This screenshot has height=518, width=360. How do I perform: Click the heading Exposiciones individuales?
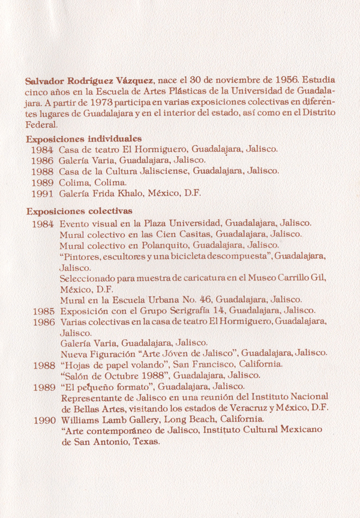(x=83, y=138)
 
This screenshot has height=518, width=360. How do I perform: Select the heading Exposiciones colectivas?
(x=79, y=212)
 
